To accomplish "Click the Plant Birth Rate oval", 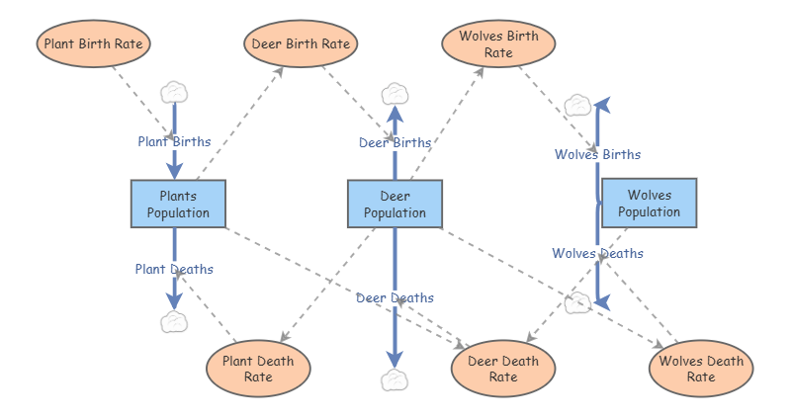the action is pos(93,43).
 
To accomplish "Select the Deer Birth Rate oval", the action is pos(301,43).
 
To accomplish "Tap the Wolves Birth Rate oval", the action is pos(498,43).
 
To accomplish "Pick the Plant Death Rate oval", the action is pos(258,369).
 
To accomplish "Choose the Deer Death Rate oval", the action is pos(503,369).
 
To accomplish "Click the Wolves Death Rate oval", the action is pos(701,369).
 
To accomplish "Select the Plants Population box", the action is pos(178,204).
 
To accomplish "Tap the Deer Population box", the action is pos(395,204).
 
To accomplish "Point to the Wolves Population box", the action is pos(650,203).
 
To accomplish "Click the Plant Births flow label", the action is pos(175,141).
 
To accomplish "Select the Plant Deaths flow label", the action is pos(174,269).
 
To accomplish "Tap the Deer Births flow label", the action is pos(395,142).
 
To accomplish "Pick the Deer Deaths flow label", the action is pos(395,298).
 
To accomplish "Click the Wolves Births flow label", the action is pos(598,154).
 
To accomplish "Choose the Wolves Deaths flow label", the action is pos(598,253).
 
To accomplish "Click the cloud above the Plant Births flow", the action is pos(174,93).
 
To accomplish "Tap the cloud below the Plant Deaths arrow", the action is pos(174,322).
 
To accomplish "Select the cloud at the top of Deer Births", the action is pos(395,94).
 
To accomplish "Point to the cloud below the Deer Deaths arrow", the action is pos(395,380).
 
